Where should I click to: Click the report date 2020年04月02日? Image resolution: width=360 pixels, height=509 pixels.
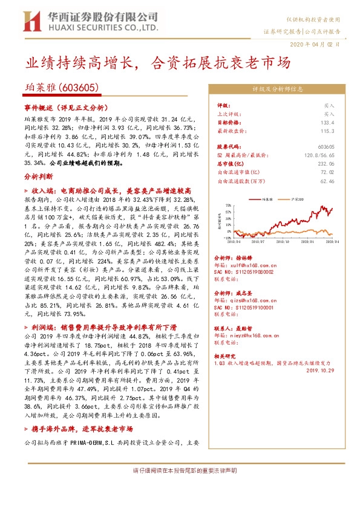pyautogui.click(x=318, y=44)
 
